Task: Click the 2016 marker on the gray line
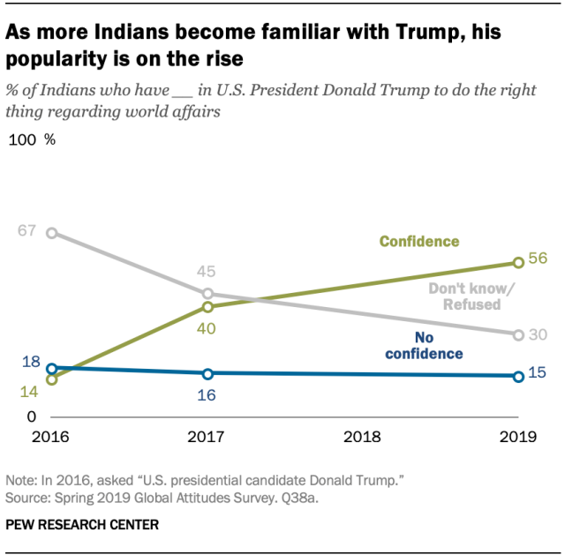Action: coord(52,233)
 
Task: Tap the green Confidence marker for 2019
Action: coord(517,263)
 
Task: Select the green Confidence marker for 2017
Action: coord(207,307)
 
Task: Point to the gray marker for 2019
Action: coord(517,334)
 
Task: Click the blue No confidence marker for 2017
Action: coord(207,373)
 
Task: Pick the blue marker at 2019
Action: coord(517,376)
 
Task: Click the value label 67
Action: coord(26,231)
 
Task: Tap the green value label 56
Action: coord(539,259)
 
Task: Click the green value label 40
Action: coord(207,328)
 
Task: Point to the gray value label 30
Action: coord(539,334)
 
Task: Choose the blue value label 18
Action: coord(32,362)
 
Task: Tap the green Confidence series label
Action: coord(419,241)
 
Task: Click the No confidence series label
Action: coord(425,346)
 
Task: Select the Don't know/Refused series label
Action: coord(464,296)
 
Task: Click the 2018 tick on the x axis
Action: coord(362,436)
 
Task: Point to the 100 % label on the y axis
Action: coord(33,139)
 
